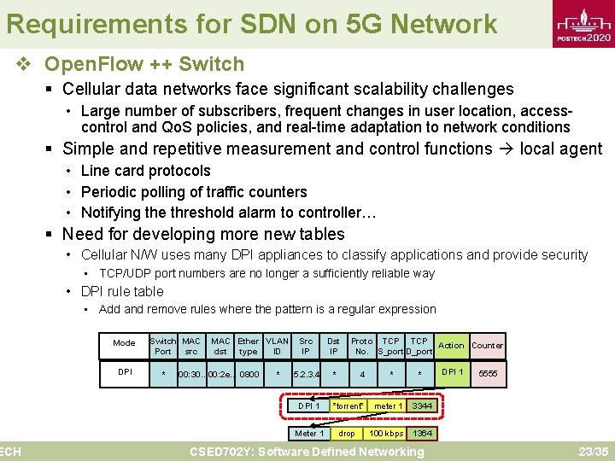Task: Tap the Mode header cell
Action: tap(124, 343)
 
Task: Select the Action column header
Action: tap(451, 346)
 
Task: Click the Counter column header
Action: tap(488, 346)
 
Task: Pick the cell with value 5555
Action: tap(488, 374)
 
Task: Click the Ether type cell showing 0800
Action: tap(249, 374)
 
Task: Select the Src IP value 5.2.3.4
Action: tap(306, 374)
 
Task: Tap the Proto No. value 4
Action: tap(362, 374)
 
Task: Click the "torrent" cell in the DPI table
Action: tap(348, 406)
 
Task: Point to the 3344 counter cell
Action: tap(422, 406)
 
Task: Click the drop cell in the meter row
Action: tap(347, 434)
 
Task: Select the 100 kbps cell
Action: tap(386, 434)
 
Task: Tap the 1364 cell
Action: tap(422, 434)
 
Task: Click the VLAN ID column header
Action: tap(277, 346)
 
